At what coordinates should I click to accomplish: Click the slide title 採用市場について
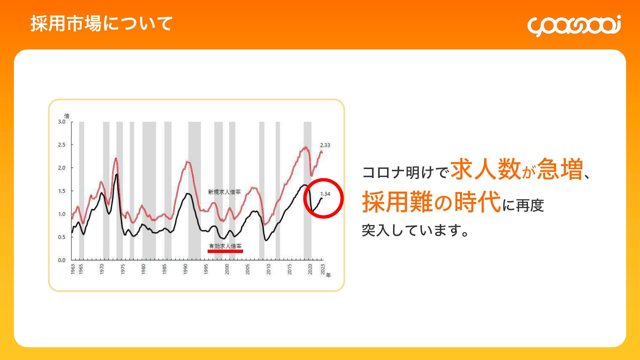point(102,24)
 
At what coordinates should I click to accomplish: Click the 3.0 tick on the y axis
point(62,122)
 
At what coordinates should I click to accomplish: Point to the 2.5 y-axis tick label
point(62,145)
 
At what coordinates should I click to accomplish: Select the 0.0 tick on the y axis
point(62,260)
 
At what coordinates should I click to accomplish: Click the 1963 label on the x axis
point(73,269)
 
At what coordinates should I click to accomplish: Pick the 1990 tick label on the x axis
point(185,269)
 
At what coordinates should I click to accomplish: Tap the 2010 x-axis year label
point(269,269)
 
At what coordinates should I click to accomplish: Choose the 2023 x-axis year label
point(323,269)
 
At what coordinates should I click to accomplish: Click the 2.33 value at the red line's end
point(325,145)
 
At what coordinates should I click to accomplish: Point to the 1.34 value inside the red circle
point(325,194)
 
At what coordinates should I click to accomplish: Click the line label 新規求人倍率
point(224,192)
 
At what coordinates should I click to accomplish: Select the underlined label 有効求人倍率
point(225,246)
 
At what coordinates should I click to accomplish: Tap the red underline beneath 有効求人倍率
point(225,251)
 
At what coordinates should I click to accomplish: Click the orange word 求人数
point(486,169)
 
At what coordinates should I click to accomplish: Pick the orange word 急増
point(560,169)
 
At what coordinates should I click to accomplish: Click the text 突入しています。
point(415,230)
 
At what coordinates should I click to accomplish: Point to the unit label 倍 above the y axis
point(67,116)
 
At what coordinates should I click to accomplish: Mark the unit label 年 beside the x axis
point(328,275)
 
